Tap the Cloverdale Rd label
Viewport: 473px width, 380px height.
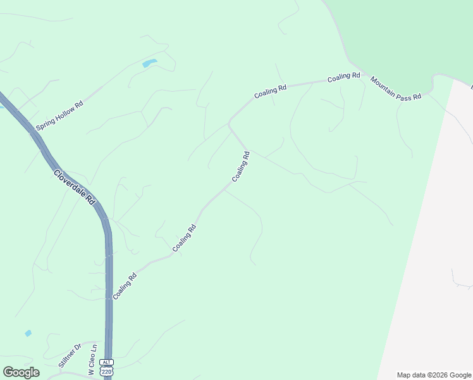point(75,186)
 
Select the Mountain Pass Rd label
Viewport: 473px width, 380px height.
point(396,89)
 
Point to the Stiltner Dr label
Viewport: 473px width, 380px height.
point(70,355)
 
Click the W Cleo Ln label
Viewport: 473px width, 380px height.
point(93,360)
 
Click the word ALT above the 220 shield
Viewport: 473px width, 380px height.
point(107,362)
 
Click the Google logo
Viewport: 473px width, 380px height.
point(21,372)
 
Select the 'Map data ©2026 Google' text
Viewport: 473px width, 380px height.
point(434,375)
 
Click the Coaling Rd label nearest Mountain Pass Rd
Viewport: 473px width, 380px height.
point(343,77)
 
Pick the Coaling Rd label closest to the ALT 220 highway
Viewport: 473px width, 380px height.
point(125,287)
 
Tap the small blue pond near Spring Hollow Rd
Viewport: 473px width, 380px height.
point(150,63)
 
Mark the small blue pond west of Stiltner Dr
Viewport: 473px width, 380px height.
point(28,333)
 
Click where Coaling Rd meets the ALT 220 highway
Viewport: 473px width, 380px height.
point(111,300)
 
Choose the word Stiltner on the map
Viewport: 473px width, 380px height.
point(67,358)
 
